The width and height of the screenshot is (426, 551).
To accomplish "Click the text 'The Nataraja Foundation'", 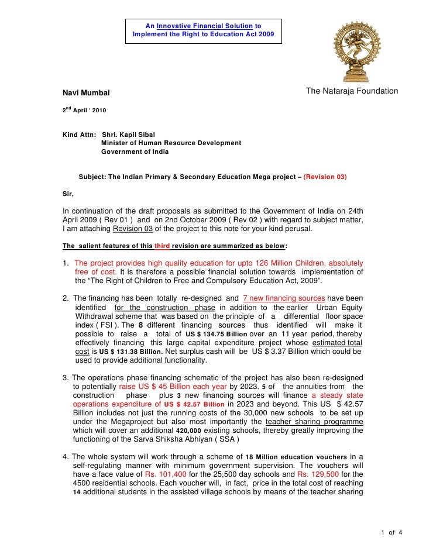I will [x=352, y=91].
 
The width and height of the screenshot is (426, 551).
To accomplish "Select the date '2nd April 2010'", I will [x=84, y=110].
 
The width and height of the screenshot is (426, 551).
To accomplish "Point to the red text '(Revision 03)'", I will [x=325, y=177].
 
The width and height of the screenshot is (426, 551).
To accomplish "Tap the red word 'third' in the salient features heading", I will [x=162, y=246].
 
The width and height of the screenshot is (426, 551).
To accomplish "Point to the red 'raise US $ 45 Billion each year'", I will [x=173, y=386].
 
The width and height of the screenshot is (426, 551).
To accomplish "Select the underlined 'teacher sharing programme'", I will [x=314, y=421].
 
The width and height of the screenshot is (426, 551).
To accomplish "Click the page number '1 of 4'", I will [x=391, y=532].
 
